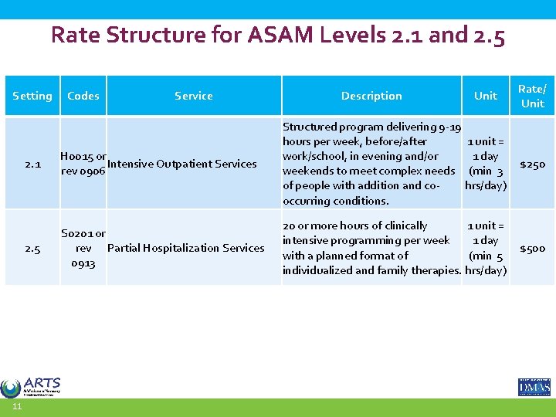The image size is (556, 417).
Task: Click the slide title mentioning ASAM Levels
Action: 278,36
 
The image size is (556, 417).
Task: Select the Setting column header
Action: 32,96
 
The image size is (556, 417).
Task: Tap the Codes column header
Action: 83,96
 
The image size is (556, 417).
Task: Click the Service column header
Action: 193,96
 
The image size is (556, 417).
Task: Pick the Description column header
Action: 371,96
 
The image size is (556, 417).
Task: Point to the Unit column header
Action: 485,96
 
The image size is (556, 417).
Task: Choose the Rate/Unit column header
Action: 532,96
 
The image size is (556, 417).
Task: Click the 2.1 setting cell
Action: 32,164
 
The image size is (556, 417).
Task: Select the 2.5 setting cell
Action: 32,248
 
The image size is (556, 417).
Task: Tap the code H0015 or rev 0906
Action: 83,163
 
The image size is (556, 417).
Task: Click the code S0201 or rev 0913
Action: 83,248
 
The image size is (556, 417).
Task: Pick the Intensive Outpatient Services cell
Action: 183,164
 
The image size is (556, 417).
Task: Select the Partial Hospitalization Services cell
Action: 185,248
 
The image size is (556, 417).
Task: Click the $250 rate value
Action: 532,164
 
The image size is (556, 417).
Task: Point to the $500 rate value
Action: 532,248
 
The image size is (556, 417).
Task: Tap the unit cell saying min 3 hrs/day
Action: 486,164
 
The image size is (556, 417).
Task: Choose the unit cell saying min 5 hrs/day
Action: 486,248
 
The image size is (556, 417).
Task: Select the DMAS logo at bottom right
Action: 534,386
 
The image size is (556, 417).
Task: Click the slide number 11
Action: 16,407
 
